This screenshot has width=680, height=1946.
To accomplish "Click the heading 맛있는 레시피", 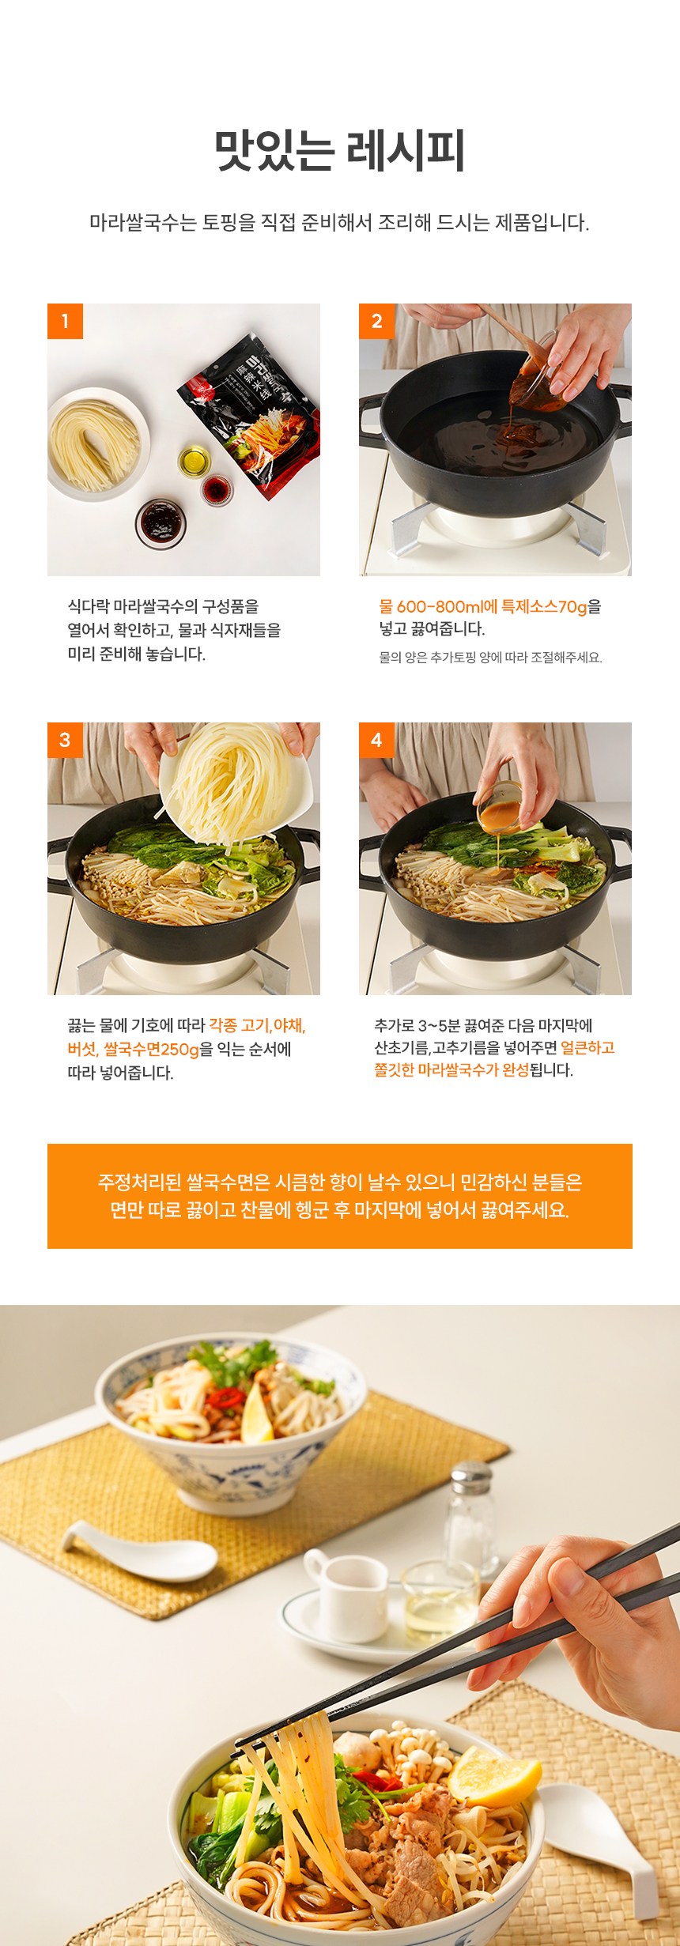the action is pyautogui.click(x=340, y=151).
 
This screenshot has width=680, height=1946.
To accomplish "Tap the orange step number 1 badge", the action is pyautogui.click(x=65, y=321).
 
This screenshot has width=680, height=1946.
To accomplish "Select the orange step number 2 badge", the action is pyautogui.click(x=376, y=321).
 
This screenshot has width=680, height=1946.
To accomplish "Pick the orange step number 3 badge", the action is pyautogui.click(x=65, y=740).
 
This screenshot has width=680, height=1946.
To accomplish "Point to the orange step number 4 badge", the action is pyautogui.click(x=376, y=740).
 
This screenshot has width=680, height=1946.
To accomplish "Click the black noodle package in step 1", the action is pyautogui.click(x=249, y=415).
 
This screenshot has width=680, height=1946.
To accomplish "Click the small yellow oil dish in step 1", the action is pyautogui.click(x=195, y=461).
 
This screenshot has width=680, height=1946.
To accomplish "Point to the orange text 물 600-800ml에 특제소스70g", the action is pyautogui.click(x=483, y=607).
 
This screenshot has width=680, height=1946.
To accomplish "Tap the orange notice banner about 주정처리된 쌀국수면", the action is pyautogui.click(x=340, y=1196).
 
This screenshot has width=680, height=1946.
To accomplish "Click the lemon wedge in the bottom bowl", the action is pyautogui.click(x=493, y=1776).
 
